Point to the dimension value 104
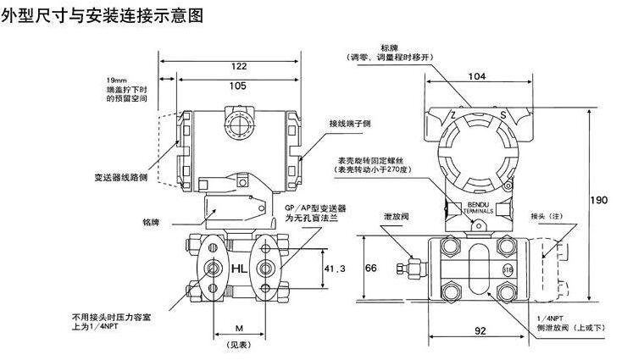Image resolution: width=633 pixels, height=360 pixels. pos(476,77)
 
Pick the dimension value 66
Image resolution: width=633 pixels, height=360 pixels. pos(369,267)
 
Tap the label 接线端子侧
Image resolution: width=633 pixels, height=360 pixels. pos(350,124)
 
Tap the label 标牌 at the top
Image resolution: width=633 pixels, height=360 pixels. pos(389,47)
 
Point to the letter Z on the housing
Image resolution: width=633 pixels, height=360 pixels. pos(453,114)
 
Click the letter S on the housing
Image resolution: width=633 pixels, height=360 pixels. pos(503,114)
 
